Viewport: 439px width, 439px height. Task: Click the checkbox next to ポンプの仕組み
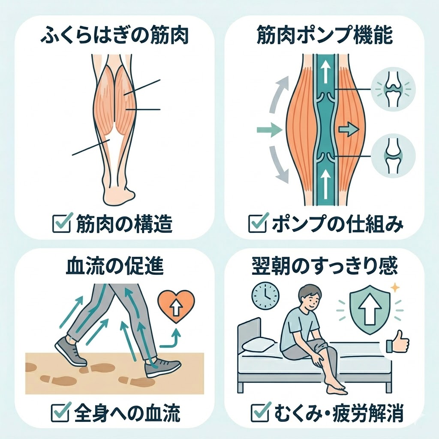click(256, 223)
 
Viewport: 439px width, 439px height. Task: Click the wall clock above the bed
click(265, 295)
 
